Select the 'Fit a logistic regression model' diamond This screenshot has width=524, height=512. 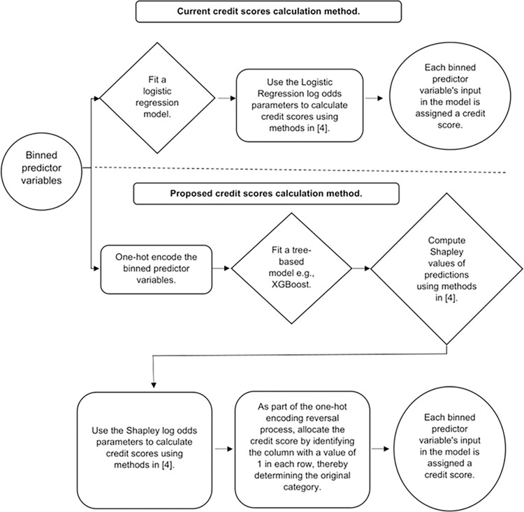pos(157,98)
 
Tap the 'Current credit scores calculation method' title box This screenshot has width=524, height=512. pos(268,12)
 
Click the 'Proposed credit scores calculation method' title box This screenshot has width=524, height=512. pos(266,193)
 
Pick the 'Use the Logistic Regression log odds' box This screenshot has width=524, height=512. pos(300,105)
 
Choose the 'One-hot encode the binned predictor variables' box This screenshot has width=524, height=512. pos(157,269)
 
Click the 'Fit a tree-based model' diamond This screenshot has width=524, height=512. pos(292,269)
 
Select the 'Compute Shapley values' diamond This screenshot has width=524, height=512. pos(447,269)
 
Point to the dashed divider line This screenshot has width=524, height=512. pos(300,170)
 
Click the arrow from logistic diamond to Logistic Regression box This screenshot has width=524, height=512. pos(227,98)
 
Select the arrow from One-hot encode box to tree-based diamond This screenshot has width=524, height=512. pos(221,268)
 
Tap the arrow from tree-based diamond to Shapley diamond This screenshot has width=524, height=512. pos(361,268)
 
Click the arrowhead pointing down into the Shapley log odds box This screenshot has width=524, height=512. pos(154,384)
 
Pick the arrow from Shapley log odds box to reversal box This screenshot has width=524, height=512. pos(224,449)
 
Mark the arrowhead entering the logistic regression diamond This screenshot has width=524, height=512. pos(97,98)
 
